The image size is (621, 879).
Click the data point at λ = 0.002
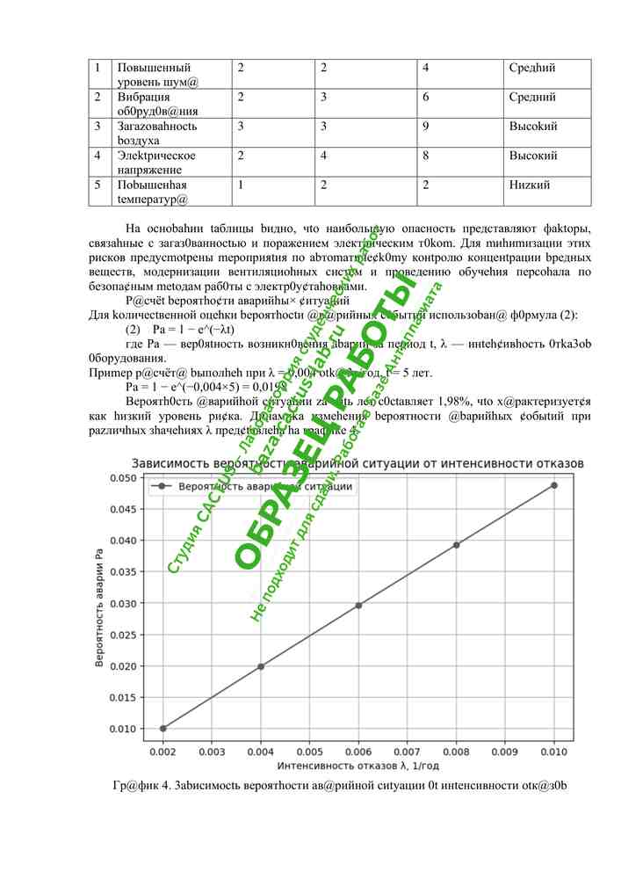162,728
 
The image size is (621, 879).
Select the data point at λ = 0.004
261,666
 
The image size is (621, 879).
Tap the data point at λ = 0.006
358,605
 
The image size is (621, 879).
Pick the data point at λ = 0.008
457,545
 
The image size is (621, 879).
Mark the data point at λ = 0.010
554,485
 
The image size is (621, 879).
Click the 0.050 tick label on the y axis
123,477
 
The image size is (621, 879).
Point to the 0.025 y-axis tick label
123,635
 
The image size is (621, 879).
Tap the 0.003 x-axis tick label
212,752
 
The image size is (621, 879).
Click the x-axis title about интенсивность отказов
358,766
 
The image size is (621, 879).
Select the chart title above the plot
357,462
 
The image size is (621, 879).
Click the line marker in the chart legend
162,486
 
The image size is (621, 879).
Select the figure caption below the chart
340,784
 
